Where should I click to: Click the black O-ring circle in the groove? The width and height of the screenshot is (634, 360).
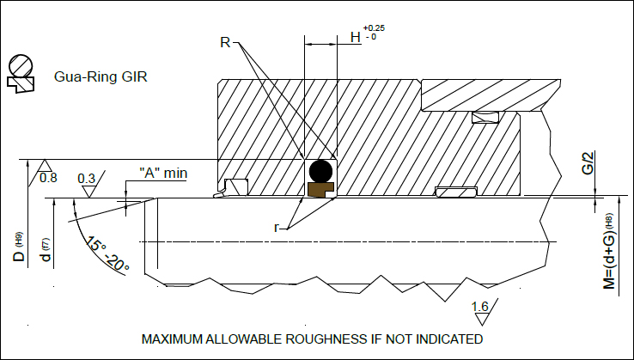[x=321, y=170]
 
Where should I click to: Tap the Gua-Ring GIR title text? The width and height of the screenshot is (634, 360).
[x=101, y=76]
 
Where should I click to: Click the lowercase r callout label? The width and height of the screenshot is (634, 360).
[x=277, y=229]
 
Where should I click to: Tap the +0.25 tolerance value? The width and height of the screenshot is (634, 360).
[x=375, y=27]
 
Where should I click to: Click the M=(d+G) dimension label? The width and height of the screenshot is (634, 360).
[x=610, y=250]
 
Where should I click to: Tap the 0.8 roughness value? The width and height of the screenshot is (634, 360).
[x=49, y=178]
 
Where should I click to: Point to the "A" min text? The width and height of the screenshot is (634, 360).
[x=163, y=174]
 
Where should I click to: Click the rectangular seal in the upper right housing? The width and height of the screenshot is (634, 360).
[x=488, y=117]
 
